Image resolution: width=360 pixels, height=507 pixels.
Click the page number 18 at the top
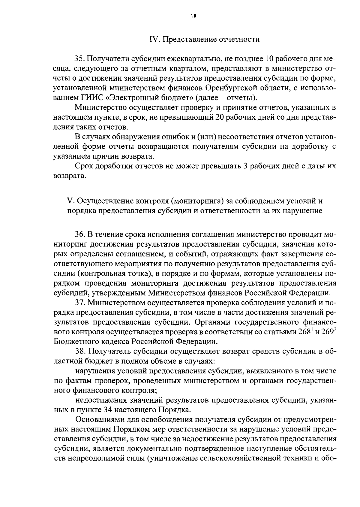click(x=193, y=17)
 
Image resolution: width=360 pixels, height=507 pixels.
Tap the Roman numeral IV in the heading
click(x=154, y=40)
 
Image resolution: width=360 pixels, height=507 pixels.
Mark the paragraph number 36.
click(x=80, y=234)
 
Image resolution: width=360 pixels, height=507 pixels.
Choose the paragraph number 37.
click(x=80, y=303)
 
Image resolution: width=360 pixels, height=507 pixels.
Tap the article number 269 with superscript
click(x=328, y=332)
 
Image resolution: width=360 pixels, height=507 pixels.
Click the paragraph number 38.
click(x=80, y=351)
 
